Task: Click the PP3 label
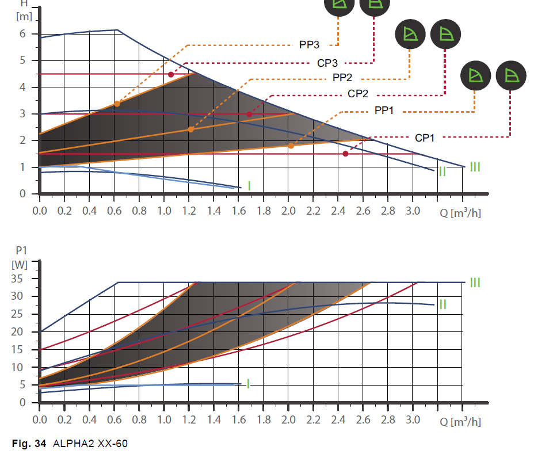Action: tap(310, 44)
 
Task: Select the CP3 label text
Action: tap(327, 63)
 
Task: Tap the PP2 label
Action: tap(343, 78)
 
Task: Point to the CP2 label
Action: tap(358, 94)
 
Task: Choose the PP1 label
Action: tap(384, 110)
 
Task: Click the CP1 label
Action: tap(425, 138)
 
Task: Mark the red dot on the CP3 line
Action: tap(171, 74)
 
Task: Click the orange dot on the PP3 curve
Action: tap(117, 104)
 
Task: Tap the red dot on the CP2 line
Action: tap(249, 115)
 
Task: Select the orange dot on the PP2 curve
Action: tap(191, 129)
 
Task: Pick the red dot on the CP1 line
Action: tap(345, 154)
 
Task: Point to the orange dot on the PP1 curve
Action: tap(291, 146)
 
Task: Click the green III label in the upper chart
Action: tap(475, 167)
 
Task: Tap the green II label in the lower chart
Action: tap(443, 304)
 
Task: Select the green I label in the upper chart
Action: tap(249, 185)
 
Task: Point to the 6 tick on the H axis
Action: tap(22, 34)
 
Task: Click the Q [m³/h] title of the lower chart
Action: tap(460, 421)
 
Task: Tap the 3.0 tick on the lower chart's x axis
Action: tap(413, 420)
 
